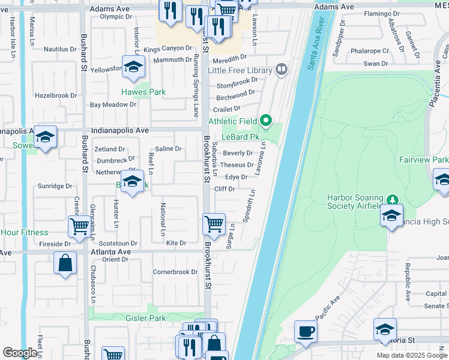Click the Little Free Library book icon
point(281,70)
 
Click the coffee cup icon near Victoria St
point(306,331)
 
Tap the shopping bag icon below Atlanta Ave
point(65,263)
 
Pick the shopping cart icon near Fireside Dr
point(80,226)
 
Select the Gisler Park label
point(145,317)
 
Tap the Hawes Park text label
point(143,92)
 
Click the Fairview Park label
point(424,160)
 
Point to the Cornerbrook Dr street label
point(175,272)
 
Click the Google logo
point(20,353)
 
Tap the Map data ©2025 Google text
point(412,355)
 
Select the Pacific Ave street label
point(328,307)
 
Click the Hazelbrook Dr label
point(56,95)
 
